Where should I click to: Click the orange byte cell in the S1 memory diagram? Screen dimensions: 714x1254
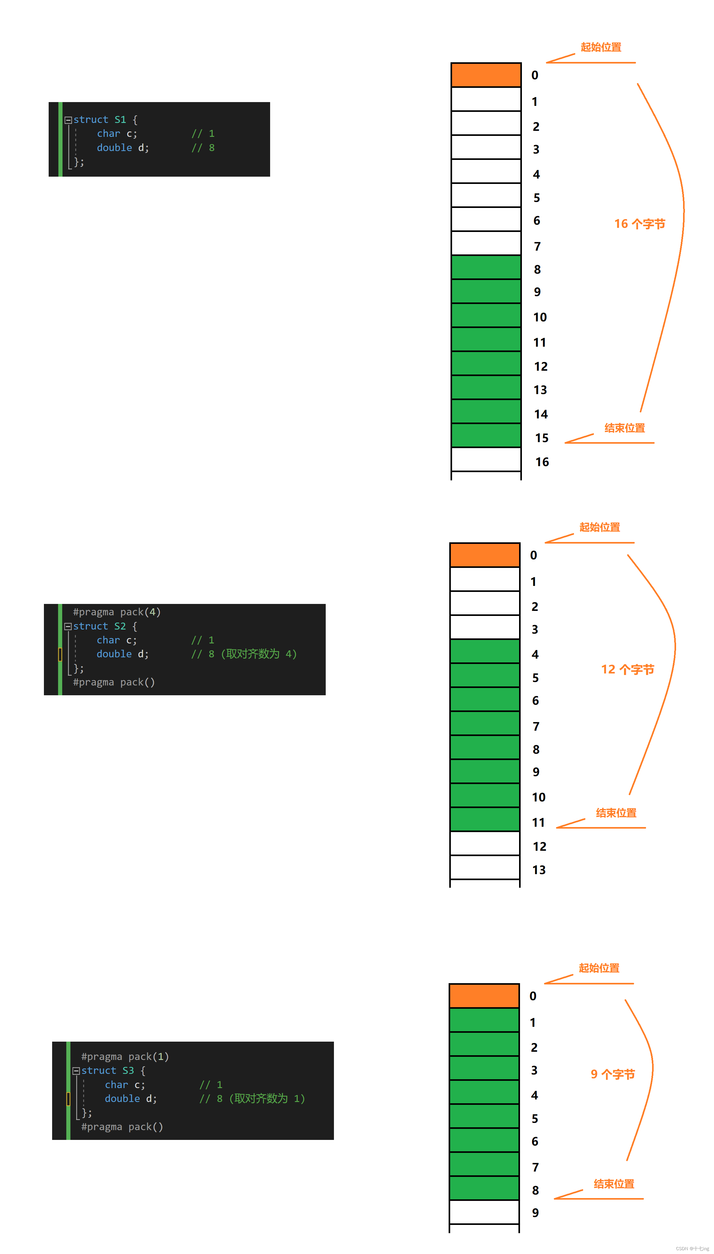[x=486, y=75]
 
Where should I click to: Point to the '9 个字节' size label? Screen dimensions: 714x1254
[x=613, y=1074]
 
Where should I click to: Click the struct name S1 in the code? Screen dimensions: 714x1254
[x=120, y=120]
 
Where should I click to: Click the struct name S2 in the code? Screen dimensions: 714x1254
[x=120, y=626]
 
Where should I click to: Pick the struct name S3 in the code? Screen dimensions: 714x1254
[x=128, y=1071]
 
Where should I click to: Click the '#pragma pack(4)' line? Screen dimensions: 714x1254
[x=117, y=612]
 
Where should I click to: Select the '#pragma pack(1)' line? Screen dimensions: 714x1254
[x=125, y=1056]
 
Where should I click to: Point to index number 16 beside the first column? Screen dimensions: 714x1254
[x=542, y=462]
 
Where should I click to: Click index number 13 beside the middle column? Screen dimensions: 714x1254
[x=539, y=870]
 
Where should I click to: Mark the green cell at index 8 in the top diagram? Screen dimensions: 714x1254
[x=486, y=267]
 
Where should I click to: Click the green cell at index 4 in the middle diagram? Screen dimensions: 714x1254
[x=485, y=651]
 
